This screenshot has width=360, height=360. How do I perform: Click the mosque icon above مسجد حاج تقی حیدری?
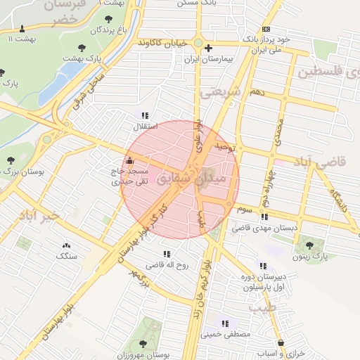[129, 160]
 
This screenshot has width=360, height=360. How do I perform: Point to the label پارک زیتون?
[310, 257]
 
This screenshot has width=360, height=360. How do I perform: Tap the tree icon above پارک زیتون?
[309, 245]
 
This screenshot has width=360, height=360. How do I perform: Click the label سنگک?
[67, 257]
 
